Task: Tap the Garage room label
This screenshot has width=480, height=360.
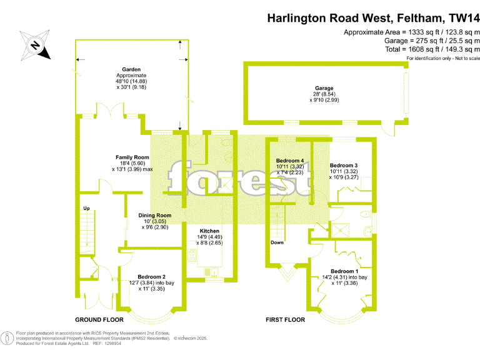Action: pos(324,88)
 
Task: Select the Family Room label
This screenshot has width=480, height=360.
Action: pos(132,157)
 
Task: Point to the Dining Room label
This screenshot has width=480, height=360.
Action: pos(154,216)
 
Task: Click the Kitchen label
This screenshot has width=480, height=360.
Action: pos(209,231)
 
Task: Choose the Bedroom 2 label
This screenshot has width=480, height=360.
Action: pos(151,277)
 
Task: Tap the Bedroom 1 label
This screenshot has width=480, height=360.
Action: pos(344,271)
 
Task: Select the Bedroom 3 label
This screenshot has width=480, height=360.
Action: pos(344,164)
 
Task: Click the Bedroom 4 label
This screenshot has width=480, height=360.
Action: pos(290,161)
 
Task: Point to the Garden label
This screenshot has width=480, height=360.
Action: pos(131,69)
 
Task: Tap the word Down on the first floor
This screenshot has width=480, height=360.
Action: pos(277,242)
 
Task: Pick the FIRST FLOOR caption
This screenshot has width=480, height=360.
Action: pos(285,319)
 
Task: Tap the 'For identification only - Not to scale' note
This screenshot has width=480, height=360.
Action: pos(442,58)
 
